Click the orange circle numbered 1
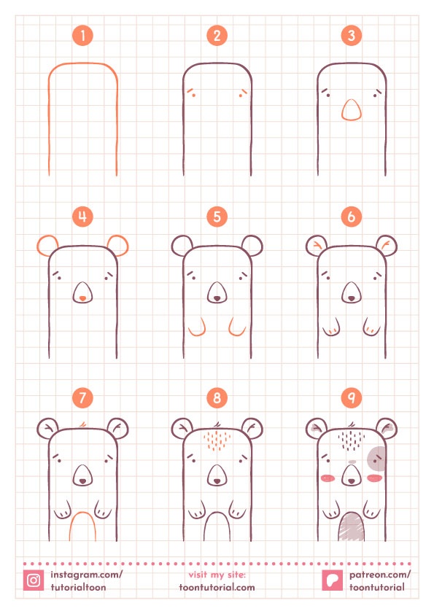82,36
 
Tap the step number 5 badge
217,217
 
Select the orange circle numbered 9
352,397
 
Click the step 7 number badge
82,397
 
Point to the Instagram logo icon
34,580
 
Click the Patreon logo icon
332,580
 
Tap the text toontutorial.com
217,587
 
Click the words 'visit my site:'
217,575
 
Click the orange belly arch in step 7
82,512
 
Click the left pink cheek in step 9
328,478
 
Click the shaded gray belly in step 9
352,526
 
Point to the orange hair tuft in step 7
82,424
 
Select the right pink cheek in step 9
375,478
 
